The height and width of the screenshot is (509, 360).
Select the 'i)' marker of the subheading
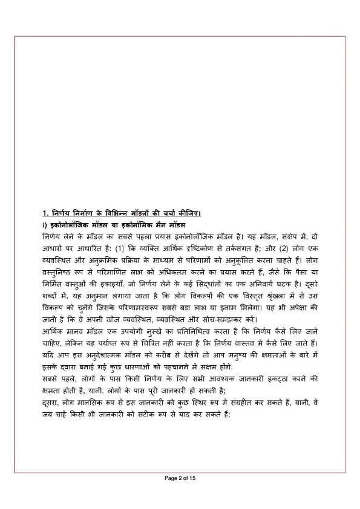tap(38, 223)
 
